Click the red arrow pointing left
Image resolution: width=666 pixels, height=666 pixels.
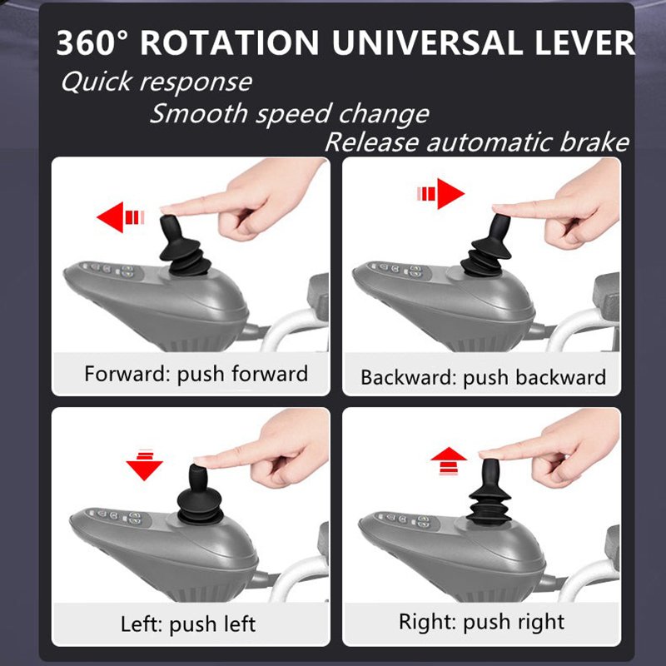coord(121,217)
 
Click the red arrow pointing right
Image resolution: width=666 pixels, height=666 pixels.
coord(440,194)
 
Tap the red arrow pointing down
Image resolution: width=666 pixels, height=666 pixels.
coord(144,465)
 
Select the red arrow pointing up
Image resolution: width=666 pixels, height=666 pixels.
coord(449,460)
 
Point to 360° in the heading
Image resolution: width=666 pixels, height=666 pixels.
coord(92,43)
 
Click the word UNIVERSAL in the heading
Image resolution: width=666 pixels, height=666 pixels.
coord(427,43)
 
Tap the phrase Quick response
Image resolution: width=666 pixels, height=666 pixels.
coord(157,82)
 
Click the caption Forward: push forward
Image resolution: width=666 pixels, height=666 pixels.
coord(196,374)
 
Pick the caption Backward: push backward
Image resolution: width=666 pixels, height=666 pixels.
coord(484,377)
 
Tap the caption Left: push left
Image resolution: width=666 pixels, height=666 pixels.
coord(188,624)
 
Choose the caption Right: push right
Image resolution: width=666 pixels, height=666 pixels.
coord(482,622)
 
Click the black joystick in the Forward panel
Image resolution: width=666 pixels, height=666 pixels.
coord(184,246)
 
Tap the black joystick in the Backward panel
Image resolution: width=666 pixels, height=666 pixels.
coord(488,246)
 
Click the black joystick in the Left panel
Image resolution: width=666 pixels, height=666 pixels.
coord(200,494)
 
